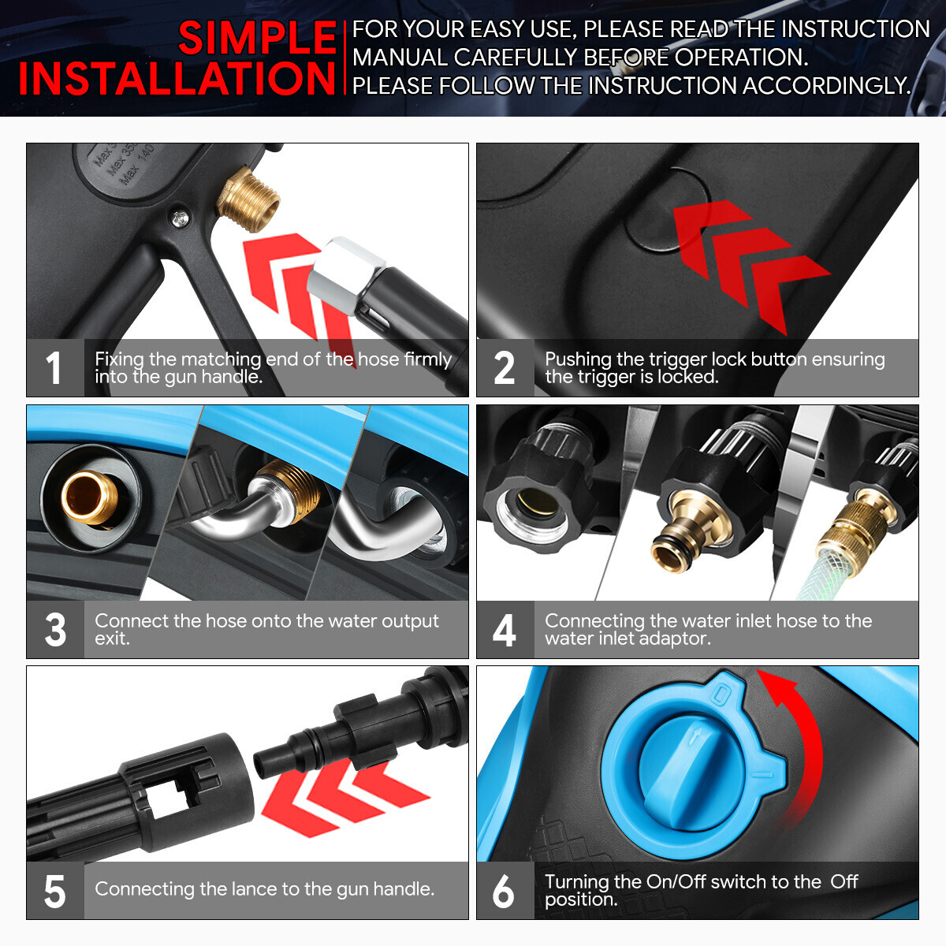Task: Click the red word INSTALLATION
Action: click(177, 79)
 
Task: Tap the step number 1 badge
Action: click(55, 367)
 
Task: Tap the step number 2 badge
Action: click(505, 367)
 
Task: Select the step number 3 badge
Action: click(55, 629)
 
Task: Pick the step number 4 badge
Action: click(505, 629)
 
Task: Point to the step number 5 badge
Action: click(55, 891)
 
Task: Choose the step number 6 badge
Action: click(505, 891)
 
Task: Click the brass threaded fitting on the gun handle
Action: click(248, 199)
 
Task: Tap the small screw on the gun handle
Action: click(181, 218)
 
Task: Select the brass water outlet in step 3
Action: click(89, 497)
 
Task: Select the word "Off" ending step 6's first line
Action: click(844, 882)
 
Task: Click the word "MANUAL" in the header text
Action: click(400, 58)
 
